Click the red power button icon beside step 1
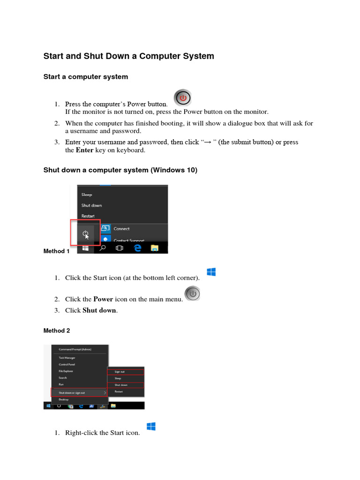(183, 97)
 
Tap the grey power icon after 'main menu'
(192, 294)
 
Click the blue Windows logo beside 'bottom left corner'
(211, 272)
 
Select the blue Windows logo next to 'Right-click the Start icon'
(151, 427)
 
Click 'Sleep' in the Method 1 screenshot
(87, 195)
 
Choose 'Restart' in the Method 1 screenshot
(88, 216)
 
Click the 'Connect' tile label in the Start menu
(121, 229)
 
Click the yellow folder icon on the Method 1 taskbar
(154, 248)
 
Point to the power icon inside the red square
(86, 233)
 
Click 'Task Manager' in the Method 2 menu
(67, 358)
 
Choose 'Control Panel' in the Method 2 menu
(67, 364)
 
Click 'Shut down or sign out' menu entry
(72, 392)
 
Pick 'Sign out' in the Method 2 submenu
(120, 372)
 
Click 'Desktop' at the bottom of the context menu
(63, 399)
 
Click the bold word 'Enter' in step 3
(84, 150)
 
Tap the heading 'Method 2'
(57, 331)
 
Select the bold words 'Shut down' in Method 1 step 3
(99, 310)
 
